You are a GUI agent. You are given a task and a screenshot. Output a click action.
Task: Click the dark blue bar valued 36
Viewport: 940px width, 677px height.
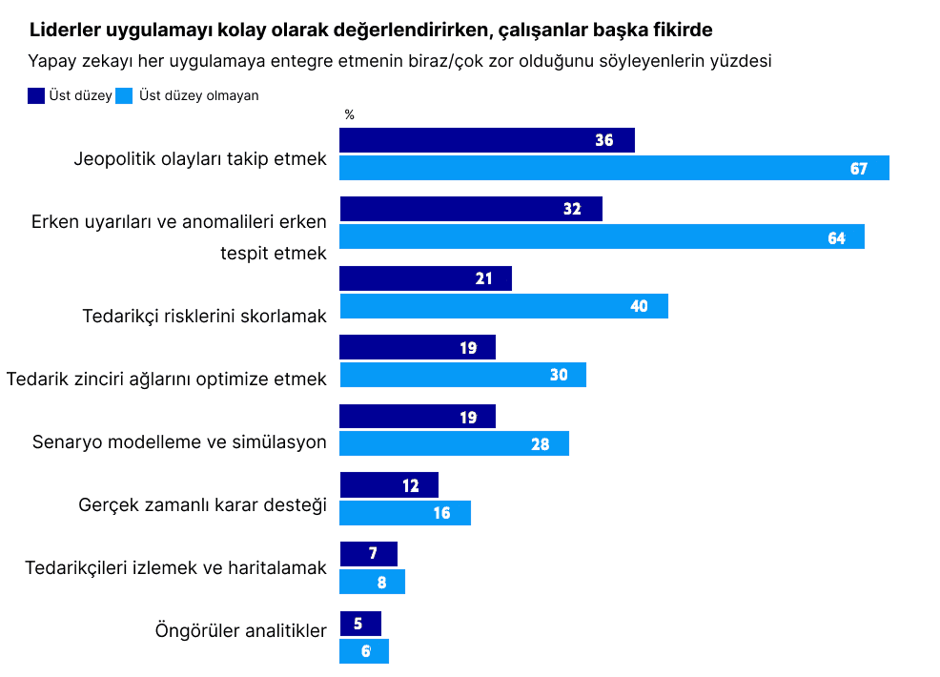tap(486, 140)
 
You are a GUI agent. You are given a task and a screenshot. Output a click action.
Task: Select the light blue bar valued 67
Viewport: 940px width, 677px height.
tap(614, 168)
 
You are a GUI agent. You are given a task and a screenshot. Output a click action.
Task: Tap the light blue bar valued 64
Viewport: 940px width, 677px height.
tap(602, 236)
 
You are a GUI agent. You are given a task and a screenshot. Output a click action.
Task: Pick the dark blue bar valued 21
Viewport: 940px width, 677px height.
tap(425, 278)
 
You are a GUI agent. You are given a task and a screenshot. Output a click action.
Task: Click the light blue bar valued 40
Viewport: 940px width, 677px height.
tap(503, 306)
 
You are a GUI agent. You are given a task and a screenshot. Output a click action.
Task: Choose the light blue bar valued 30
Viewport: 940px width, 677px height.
tap(462, 375)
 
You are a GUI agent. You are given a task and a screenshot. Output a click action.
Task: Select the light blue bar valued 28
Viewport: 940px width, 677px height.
tap(454, 443)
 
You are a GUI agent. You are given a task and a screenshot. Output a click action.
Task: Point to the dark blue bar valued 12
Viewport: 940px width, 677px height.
tap(388, 484)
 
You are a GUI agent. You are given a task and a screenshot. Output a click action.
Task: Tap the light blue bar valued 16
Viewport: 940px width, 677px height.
tap(404, 512)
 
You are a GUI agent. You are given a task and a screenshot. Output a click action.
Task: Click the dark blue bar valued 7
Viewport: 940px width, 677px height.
tap(368, 554)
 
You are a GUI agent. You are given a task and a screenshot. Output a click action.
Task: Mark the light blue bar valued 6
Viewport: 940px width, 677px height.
tap(363, 651)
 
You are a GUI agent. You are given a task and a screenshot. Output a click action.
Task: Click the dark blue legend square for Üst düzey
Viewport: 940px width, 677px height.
tap(37, 95)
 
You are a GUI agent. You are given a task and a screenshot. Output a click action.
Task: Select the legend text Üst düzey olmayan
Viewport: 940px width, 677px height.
tap(198, 95)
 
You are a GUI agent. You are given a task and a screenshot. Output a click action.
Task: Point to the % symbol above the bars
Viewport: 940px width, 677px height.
tap(349, 114)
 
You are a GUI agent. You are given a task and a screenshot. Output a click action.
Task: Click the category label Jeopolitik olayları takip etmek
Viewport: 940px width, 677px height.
tap(200, 159)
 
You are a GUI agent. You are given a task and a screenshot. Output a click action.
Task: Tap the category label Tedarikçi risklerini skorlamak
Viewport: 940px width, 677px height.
tap(205, 316)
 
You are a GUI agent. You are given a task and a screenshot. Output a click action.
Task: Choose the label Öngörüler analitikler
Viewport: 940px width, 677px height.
tap(240, 630)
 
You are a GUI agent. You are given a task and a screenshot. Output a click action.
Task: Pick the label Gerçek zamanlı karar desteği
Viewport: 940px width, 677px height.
tap(202, 504)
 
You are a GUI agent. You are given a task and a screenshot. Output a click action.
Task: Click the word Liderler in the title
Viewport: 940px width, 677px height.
tap(63, 30)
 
